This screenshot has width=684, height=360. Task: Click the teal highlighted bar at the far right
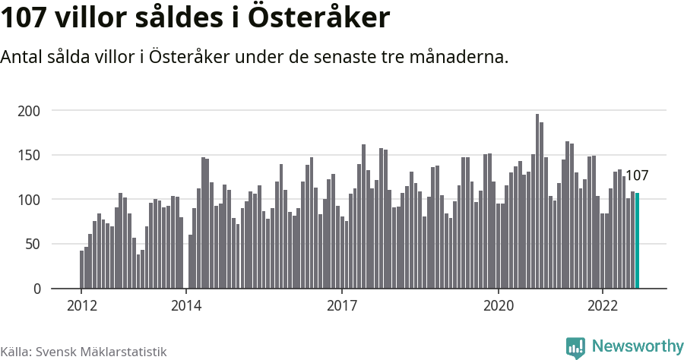coord(638,241)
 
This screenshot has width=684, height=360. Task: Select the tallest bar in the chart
coord(537,201)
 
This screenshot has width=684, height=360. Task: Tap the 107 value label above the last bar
coord(636,176)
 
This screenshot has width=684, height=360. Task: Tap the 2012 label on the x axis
coord(81,306)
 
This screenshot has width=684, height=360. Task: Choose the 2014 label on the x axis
coord(185,306)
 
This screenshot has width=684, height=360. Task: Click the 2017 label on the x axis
coord(342,306)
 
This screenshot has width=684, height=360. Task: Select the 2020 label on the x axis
coord(499,306)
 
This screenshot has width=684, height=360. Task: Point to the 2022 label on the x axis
coord(603,306)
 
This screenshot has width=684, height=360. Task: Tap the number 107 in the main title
coord(26,18)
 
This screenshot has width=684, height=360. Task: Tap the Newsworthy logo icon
coord(575,347)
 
